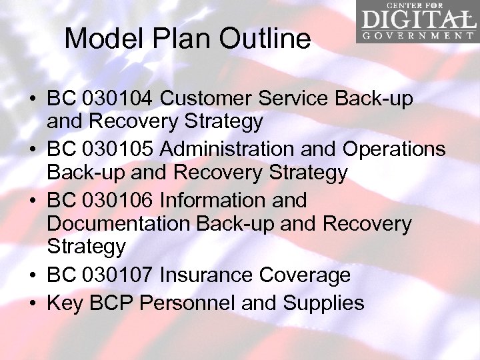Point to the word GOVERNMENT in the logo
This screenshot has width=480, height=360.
[418, 35]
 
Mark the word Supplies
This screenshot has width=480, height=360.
[323, 303]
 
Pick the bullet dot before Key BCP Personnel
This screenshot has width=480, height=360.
[32, 304]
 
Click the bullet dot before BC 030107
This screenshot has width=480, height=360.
[32, 275]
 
